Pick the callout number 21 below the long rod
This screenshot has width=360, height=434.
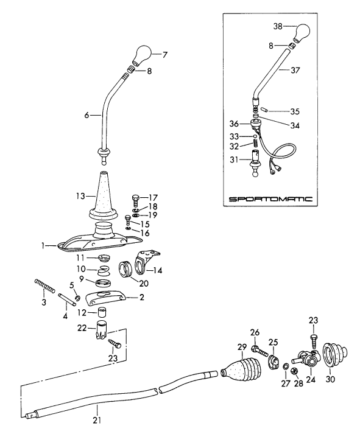tap(95, 419)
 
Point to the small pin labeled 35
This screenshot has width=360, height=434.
tap(259, 111)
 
